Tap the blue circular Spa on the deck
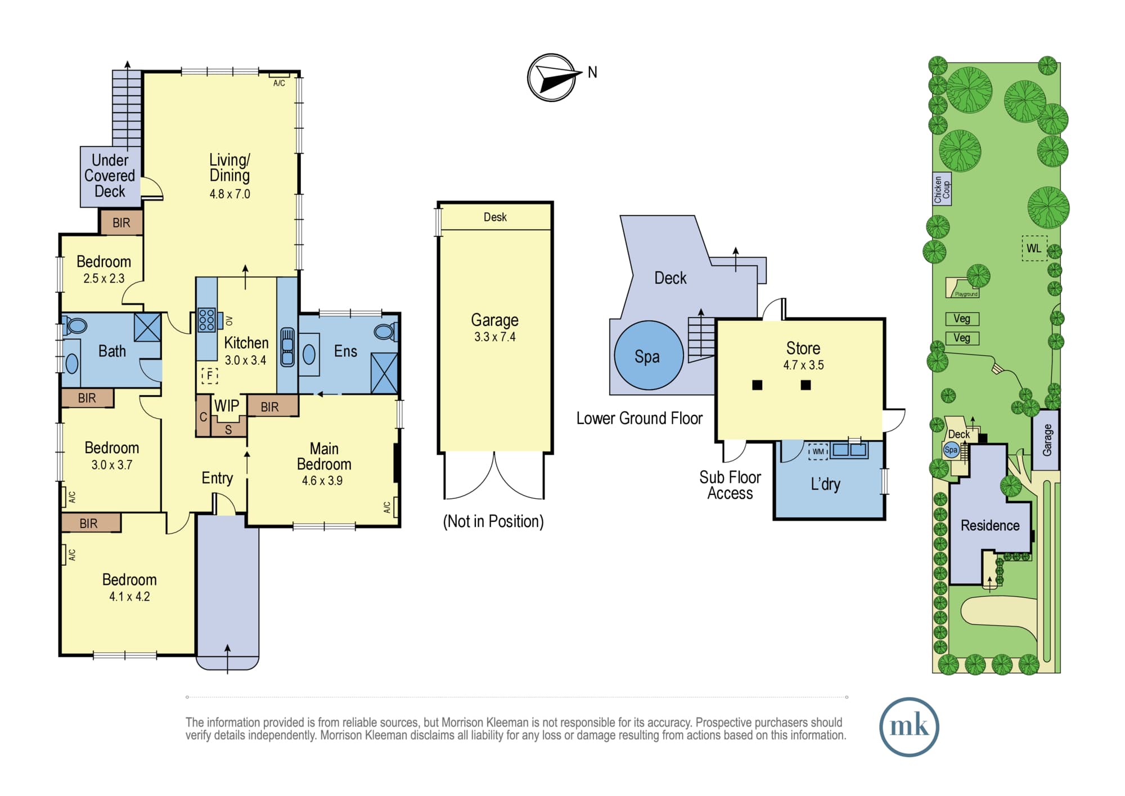pyautogui.click(x=649, y=355)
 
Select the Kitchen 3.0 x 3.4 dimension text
pyautogui.click(x=245, y=360)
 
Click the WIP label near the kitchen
pyautogui.click(x=227, y=406)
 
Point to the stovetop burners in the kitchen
pyautogui.click(x=206, y=319)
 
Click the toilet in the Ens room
pyautogui.click(x=386, y=332)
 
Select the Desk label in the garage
pyautogui.click(x=495, y=217)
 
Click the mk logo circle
pyautogui.click(x=909, y=727)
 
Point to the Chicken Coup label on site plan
pyautogui.click(x=942, y=189)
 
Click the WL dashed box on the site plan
pyautogui.click(x=1034, y=248)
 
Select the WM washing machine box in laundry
pyautogui.click(x=818, y=451)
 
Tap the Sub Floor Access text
pyautogui.click(x=730, y=485)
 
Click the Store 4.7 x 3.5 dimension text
pyautogui.click(x=803, y=365)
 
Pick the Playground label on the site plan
pyautogui.click(x=966, y=294)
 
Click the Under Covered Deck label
pyautogui.click(x=110, y=176)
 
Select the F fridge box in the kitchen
pyautogui.click(x=210, y=375)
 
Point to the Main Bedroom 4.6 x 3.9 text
pyautogui.click(x=324, y=464)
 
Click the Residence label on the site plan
pyautogui.click(x=990, y=525)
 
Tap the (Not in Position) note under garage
pyautogui.click(x=493, y=521)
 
